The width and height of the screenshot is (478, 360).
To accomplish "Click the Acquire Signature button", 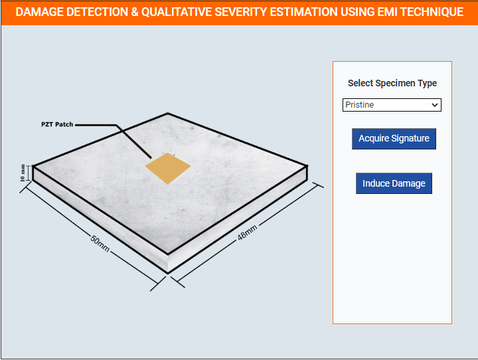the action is (394, 139).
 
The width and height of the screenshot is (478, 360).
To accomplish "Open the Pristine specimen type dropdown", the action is (392, 105).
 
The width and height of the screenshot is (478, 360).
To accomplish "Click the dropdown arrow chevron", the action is (435, 105).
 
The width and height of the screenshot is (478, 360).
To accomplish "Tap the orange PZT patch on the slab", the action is (168, 168).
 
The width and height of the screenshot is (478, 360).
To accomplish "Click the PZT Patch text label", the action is (57, 124).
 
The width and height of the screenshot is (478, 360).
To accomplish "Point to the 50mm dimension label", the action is (100, 244).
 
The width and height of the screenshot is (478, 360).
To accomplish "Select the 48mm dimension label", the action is (247, 232).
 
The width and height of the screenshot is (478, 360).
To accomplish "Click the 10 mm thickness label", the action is (23, 173).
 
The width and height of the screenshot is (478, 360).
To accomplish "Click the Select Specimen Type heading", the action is (392, 83).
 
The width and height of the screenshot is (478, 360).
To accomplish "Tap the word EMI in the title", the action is (387, 12).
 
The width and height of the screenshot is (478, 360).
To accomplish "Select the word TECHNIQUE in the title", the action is (432, 12).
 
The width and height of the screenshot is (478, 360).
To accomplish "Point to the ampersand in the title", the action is (134, 12).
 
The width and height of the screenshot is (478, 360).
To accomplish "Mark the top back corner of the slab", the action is (167, 113).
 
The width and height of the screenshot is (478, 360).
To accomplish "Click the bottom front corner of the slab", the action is (168, 272).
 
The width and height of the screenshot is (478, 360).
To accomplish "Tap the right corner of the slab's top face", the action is (307, 165).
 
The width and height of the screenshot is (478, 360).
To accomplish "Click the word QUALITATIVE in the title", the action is (177, 12).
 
